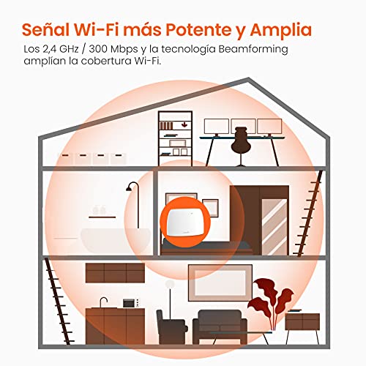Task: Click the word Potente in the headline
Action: click(198, 30)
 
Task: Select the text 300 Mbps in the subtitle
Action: click(113, 49)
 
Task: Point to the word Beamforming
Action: click(253, 50)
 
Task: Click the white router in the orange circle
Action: click(184, 223)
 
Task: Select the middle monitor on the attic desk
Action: click(243, 127)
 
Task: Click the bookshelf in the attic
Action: click(175, 138)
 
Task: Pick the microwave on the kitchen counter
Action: click(129, 303)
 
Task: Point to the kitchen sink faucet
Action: click(103, 302)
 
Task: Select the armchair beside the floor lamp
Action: click(171, 327)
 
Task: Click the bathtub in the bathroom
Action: click(116, 241)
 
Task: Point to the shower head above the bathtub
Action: click(130, 187)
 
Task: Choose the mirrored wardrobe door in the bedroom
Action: click(274, 227)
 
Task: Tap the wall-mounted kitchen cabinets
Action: click(115, 273)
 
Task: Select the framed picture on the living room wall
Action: click(220, 283)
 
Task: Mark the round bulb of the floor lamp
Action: click(170, 284)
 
